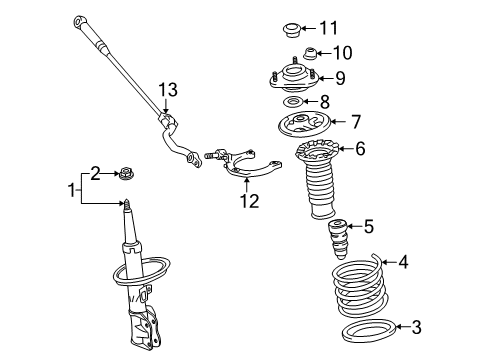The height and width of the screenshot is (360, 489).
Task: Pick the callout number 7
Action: (x=357, y=123)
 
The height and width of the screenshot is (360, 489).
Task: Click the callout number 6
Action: (x=361, y=149)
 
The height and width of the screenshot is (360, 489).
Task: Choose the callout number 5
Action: (x=368, y=226)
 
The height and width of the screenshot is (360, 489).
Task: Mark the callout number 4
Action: (x=403, y=264)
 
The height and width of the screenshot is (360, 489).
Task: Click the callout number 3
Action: (x=389, y=326)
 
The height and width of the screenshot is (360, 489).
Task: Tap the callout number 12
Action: (x=248, y=201)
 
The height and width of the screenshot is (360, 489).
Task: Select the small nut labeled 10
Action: (x=311, y=52)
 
